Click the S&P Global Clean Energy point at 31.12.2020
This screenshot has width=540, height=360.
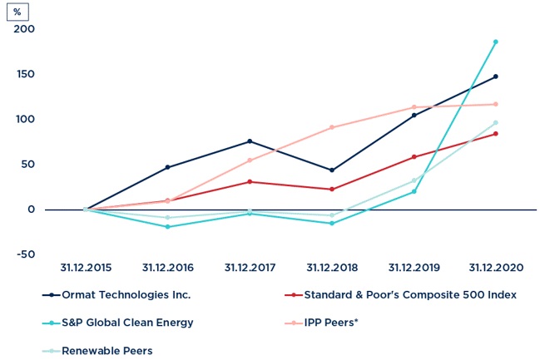(x=496, y=42)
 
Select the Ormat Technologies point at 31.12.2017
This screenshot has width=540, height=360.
(x=250, y=141)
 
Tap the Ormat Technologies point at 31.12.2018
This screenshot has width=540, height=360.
(x=332, y=170)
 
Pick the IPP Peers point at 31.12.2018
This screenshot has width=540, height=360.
(x=332, y=127)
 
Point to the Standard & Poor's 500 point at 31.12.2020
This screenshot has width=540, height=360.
(x=496, y=134)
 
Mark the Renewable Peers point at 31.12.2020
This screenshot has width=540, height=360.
(x=496, y=123)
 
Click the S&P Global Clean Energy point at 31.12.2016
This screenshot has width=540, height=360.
(x=168, y=226)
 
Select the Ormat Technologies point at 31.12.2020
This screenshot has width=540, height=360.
(x=496, y=76)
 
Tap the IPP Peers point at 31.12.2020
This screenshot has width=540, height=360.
(x=496, y=104)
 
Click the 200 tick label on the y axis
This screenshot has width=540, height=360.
(x=24, y=30)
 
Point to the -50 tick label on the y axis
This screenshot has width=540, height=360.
(x=24, y=254)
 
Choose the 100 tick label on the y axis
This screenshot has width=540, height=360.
(x=24, y=120)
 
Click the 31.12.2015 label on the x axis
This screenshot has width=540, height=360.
(x=86, y=268)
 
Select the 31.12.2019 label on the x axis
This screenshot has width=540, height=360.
(x=414, y=268)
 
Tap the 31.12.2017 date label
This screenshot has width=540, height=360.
(x=250, y=268)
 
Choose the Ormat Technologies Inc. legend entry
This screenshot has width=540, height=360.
(x=126, y=294)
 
